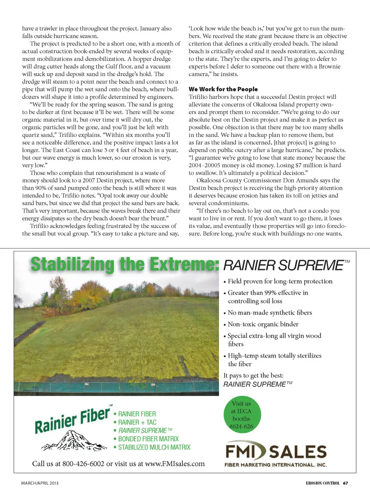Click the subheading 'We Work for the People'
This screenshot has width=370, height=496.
click(223, 89)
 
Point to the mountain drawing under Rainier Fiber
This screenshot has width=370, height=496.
click(74, 440)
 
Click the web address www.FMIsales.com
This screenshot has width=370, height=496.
click(175, 464)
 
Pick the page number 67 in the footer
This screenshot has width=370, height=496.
click(346, 483)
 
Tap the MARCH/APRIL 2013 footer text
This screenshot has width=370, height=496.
click(40, 483)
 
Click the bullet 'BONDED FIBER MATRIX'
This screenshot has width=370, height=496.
click(148, 439)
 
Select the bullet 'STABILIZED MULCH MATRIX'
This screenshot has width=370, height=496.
click(154, 447)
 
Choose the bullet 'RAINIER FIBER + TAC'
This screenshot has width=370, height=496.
click(137, 422)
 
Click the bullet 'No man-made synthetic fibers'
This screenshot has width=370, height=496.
click(270, 313)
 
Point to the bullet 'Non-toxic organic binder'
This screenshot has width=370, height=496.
click(263, 324)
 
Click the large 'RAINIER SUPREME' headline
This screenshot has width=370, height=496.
click(283, 265)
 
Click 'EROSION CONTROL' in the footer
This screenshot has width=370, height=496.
click(323, 483)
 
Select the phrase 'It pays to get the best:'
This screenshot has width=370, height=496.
click(253, 375)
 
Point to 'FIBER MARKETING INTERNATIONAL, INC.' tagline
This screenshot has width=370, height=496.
click(276, 465)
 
